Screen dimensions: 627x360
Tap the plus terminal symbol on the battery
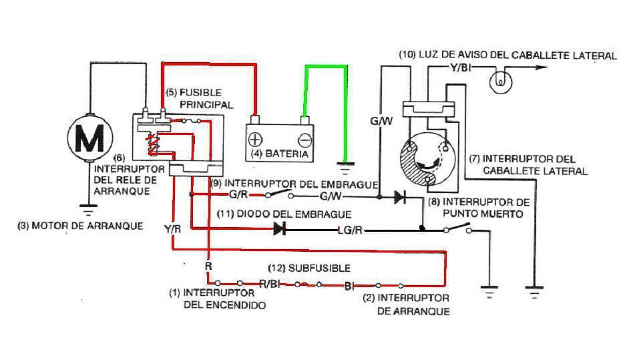[x=255, y=140]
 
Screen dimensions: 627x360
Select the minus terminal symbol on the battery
[x=304, y=140]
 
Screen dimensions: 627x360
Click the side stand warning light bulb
[x=500, y=81]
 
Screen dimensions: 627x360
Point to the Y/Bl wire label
[x=460, y=67]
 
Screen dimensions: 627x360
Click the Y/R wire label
[x=173, y=229]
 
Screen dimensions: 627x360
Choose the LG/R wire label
[x=350, y=230]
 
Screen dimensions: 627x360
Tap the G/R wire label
[x=239, y=195]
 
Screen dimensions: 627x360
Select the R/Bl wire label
[x=269, y=284]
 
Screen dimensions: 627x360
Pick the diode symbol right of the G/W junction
[x=399, y=197]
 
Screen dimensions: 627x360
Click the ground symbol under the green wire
[x=345, y=167]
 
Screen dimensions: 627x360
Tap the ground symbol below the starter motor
[x=88, y=210]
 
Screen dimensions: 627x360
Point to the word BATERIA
[x=286, y=154]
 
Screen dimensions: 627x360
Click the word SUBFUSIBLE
[x=319, y=268]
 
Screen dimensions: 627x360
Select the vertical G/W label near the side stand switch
[x=381, y=121]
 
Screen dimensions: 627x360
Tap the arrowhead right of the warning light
[x=541, y=67]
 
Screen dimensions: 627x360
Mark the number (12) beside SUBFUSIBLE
[x=276, y=268]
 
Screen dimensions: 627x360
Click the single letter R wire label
[x=208, y=266]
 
